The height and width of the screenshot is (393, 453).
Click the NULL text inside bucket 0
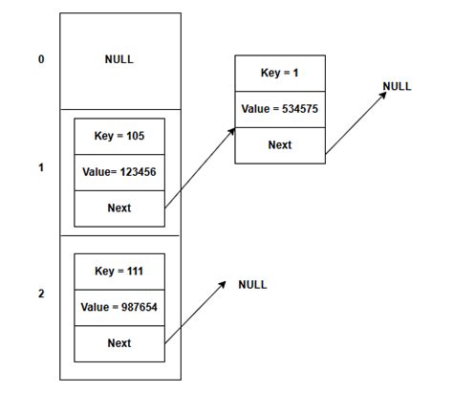(x=119, y=59)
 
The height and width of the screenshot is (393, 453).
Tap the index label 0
(x=40, y=59)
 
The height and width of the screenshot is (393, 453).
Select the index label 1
(x=40, y=167)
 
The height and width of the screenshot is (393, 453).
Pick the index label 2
(x=40, y=294)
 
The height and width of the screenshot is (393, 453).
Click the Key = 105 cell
(x=119, y=135)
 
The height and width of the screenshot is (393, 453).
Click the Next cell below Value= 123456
(x=119, y=207)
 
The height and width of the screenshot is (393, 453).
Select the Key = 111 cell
(x=119, y=272)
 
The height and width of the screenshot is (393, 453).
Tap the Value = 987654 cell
(x=119, y=307)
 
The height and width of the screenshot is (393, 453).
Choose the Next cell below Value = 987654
(x=119, y=343)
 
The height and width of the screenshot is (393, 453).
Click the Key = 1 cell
(x=280, y=73)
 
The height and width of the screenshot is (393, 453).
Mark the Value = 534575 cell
(x=280, y=109)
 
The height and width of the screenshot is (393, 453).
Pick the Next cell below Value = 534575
(x=280, y=145)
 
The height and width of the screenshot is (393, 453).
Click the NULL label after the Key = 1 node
(x=397, y=86)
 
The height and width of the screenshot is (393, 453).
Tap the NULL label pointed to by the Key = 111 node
(x=252, y=284)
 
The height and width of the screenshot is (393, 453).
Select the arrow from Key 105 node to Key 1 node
(x=200, y=167)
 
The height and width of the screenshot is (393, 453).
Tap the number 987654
(x=138, y=307)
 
